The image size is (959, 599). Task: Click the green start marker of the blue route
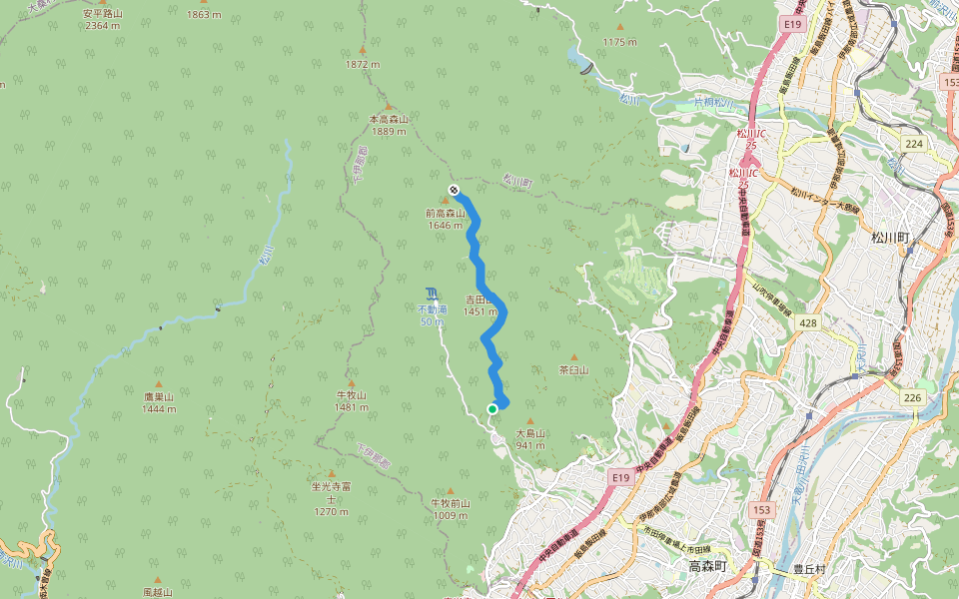492,409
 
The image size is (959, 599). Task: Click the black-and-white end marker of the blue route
454,189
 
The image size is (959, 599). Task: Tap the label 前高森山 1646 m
445,219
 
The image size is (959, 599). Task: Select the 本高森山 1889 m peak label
389,125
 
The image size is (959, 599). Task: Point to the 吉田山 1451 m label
479,305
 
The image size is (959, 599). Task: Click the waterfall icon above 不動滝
431,294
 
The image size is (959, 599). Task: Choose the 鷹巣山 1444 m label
158,402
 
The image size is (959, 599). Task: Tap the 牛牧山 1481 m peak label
352,401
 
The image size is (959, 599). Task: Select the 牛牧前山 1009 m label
450,509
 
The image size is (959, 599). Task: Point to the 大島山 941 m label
529,439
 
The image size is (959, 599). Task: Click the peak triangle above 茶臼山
573,357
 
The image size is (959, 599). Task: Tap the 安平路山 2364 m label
103,19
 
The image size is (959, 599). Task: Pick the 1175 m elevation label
619,42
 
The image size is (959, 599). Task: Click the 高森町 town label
710,567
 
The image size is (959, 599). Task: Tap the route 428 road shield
808,322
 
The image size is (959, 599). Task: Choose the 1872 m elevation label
363,64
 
